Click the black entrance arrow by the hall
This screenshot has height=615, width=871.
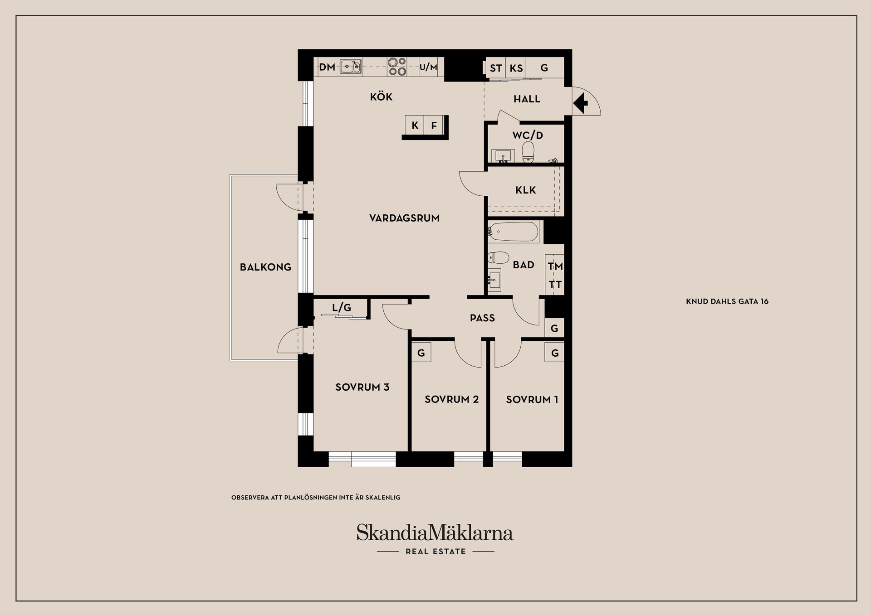point(581,103)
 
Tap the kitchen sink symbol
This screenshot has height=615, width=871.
point(351,67)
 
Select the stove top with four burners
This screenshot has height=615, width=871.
point(397,67)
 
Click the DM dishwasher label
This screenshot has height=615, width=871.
point(327,68)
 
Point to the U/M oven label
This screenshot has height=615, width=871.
point(428,68)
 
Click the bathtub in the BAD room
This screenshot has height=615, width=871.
point(513,232)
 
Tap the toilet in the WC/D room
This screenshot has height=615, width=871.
point(528,152)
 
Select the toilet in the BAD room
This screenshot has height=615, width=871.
point(498,258)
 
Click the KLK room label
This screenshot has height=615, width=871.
point(526,190)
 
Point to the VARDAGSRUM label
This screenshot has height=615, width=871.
point(404,218)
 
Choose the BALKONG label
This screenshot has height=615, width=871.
point(265,267)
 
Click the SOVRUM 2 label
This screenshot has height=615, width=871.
point(451,399)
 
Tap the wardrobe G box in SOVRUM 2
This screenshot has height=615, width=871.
point(421,352)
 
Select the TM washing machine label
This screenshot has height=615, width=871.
point(555,266)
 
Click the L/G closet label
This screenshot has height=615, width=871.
point(342,308)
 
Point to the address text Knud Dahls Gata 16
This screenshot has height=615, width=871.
point(727,301)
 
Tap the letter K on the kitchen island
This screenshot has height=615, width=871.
point(415,126)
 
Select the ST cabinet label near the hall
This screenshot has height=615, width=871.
point(496,68)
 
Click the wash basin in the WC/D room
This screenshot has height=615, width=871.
point(503,156)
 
